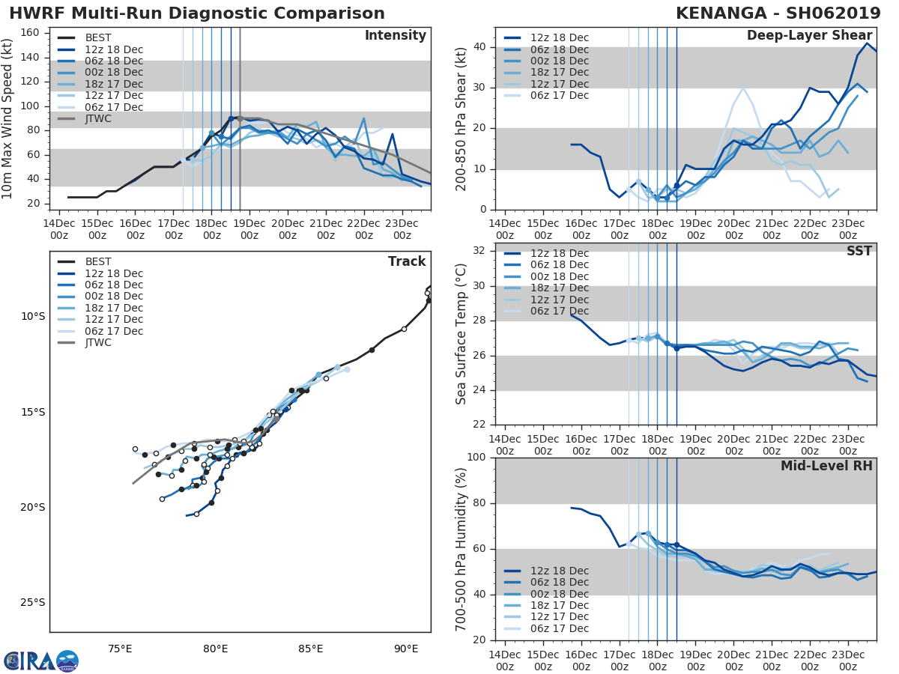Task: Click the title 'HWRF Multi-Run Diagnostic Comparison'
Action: click(197, 13)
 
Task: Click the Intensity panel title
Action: click(395, 36)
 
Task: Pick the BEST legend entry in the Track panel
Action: click(98, 262)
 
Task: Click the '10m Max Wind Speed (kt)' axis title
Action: click(9, 118)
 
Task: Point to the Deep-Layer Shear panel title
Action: click(809, 36)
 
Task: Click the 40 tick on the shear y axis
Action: click(479, 47)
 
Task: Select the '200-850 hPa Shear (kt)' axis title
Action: click(462, 118)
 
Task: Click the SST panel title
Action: click(859, 252)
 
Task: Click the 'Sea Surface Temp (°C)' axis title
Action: click(462, 334)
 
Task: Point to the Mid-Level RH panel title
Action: click(826, 466)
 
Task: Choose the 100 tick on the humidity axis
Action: click(476, 458)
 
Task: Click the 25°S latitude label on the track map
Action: click(33, 603)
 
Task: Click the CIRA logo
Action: click(41, 661)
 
